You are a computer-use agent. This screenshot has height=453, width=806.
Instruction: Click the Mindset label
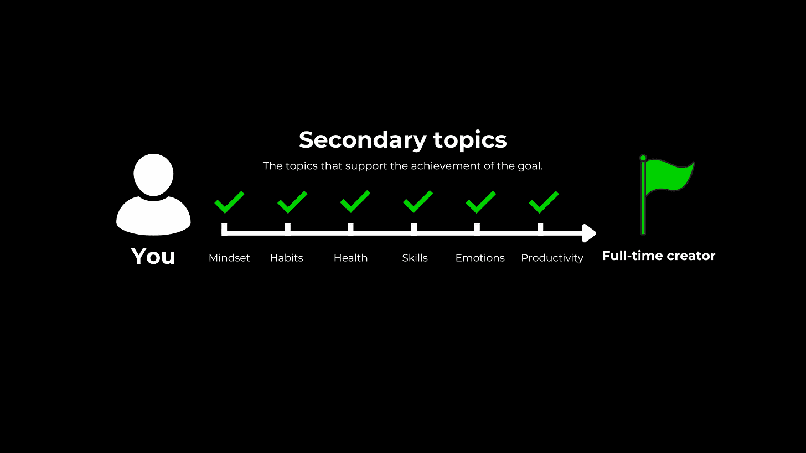pos(229,258)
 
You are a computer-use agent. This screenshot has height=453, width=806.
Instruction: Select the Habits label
pos(286,258)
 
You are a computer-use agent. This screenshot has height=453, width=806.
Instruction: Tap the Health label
pos(350,258)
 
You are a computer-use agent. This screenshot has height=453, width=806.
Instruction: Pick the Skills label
pos(415,258)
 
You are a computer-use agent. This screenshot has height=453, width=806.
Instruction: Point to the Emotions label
pos(480,258)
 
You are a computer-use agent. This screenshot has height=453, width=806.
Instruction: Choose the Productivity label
pos(552,258)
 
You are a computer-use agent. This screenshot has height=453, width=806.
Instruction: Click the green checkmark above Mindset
pos(229,202)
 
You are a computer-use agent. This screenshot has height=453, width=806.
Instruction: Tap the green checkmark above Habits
pos(292,202)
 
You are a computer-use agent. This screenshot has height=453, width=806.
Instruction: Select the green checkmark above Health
pos(355,202)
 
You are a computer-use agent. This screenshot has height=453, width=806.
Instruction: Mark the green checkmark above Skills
pos(418,202)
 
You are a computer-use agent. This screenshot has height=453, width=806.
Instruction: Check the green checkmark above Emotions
pos(480,202)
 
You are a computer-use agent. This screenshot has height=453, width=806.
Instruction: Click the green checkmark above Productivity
pos(544,202)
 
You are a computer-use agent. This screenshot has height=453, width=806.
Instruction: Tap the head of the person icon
pos(153,175)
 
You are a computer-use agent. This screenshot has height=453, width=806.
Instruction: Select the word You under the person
pos(153,257)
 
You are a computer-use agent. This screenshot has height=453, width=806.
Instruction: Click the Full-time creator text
pos(658,256)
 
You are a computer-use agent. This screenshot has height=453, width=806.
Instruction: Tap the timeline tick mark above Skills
pos(414,228)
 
